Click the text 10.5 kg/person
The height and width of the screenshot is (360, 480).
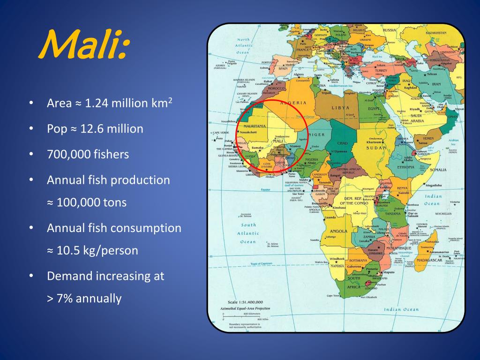[x=97, y=251]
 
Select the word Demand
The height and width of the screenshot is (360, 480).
[x=70, y=276]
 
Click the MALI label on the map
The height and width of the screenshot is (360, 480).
[x=278, y=141]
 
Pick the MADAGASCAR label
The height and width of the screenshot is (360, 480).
[x=429, y=260]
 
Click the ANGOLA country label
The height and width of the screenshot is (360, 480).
[x=338, y=231]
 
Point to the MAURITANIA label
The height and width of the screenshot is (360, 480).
[x=252, y=126]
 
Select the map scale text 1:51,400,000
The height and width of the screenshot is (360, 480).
[x=248, y=302]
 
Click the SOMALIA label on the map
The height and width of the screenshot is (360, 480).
[x=438, y=170]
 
